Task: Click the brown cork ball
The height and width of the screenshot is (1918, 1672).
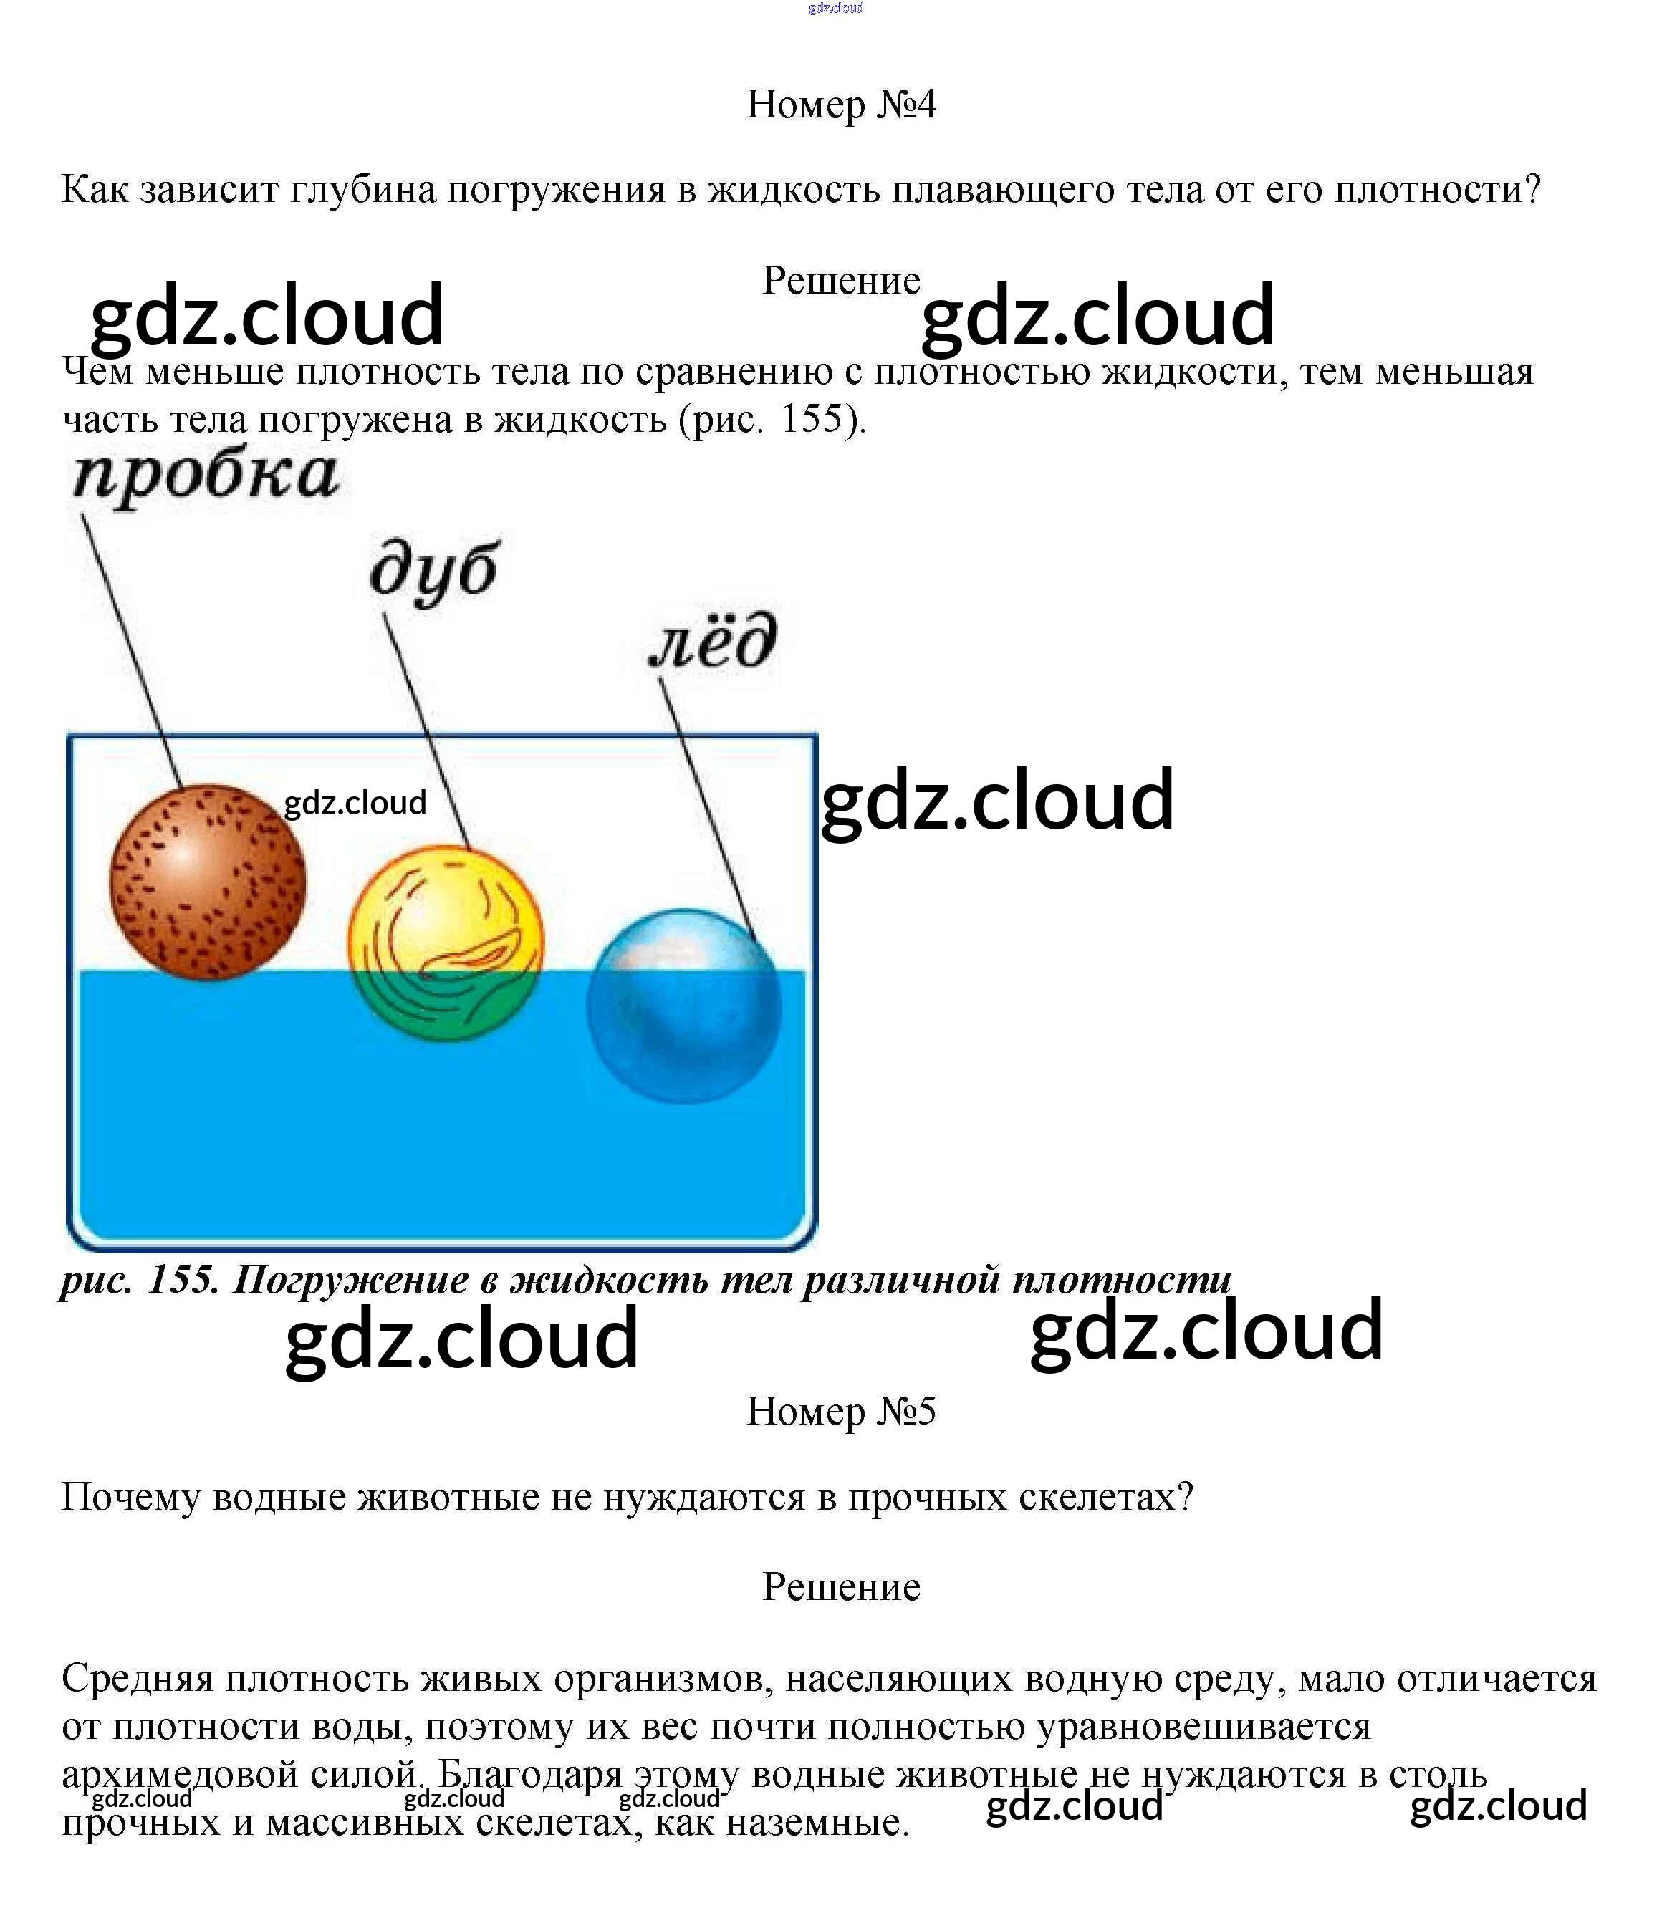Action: click(x=207, y=882)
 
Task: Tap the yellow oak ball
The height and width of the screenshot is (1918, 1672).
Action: click(x=445, y=943)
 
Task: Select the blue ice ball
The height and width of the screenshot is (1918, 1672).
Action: click(x=684, y=1006)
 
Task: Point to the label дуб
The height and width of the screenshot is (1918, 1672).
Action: click(x=434, y=570)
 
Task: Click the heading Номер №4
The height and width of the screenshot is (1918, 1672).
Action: click(x=841, y=105)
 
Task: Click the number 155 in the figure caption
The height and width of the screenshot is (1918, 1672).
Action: click(x=183, y=1280)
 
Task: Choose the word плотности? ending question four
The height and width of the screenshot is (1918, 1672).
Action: click(x=1437, y=191)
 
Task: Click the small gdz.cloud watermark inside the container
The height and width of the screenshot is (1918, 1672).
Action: click(x=355, y=802)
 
